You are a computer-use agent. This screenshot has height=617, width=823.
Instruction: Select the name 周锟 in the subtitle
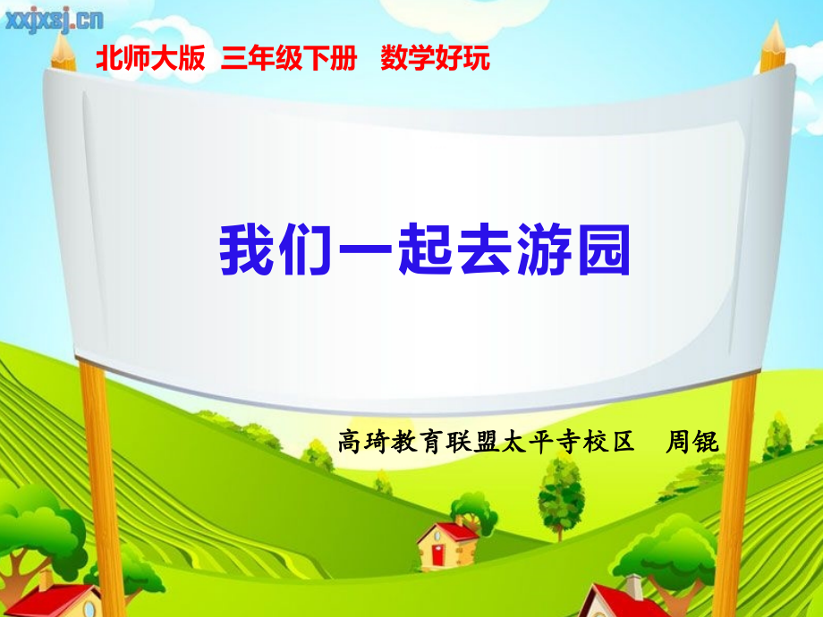coord(693,441)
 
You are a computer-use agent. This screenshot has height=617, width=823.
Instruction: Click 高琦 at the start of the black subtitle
coord(361,441)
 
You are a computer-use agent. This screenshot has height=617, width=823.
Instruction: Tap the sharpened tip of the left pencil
coord(64,33)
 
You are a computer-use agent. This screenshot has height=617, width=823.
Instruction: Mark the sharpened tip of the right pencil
coord(775,28)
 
